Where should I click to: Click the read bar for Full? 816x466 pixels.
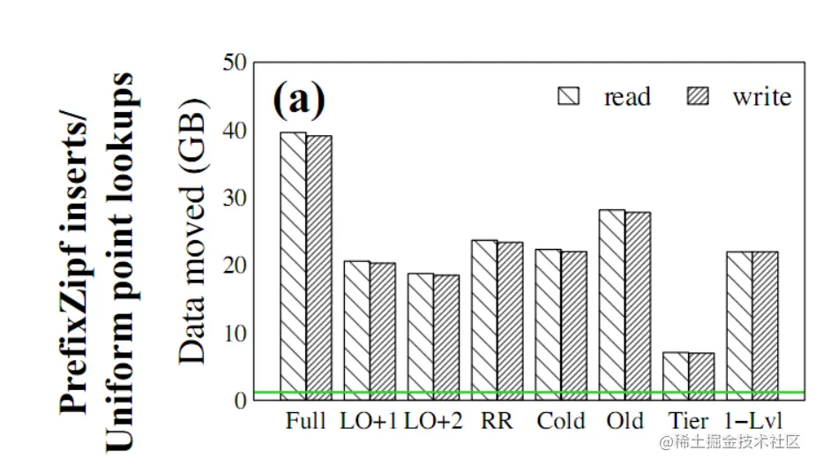[293, 266]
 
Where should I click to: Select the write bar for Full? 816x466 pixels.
[318, 267]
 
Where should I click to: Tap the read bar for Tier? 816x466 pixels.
[676, 376]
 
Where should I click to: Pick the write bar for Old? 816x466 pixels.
[637, 305]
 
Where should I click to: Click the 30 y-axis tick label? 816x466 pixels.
[234, 199]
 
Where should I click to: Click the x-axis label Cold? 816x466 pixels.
[561, 422]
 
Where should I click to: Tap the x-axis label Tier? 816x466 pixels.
[688, 422]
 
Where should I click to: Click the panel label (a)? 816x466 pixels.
[298, 99]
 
